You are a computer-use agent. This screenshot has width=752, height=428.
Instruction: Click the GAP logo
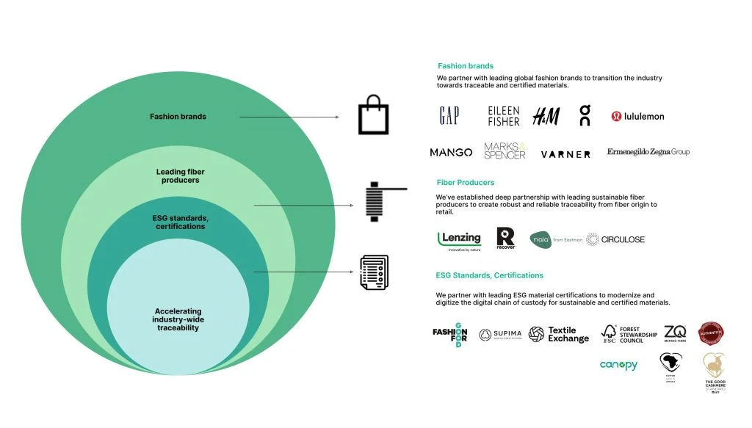[449, 116]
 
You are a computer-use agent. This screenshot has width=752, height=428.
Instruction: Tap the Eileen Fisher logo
[504, 116]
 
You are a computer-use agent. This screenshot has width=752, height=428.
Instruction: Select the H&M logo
[546, 116]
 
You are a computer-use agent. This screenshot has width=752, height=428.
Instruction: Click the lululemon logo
[637, 116]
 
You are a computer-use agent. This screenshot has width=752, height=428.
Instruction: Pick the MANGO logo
[451, 153]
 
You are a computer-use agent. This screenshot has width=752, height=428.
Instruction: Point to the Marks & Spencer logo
[505, 151]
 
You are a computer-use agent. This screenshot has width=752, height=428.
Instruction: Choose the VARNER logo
[565, 154]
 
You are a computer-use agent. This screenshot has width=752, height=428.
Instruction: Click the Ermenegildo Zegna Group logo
[648, 152]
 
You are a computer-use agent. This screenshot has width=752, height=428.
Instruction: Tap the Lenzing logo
[459, 240]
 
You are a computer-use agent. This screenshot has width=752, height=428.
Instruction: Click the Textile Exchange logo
[559, 335]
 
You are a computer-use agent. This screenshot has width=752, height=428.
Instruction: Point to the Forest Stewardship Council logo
[622, 335]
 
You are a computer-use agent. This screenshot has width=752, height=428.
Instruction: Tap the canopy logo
[618, 365]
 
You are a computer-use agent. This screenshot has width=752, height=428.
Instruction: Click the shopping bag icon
[373, 116]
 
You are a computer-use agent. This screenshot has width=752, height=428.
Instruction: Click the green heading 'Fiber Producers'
[465, 182]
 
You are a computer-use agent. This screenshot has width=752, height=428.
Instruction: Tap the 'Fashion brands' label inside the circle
[178, 117]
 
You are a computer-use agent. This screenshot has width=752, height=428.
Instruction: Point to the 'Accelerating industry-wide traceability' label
[177, 319]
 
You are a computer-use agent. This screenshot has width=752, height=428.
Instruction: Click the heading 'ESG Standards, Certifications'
[489, 275]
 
